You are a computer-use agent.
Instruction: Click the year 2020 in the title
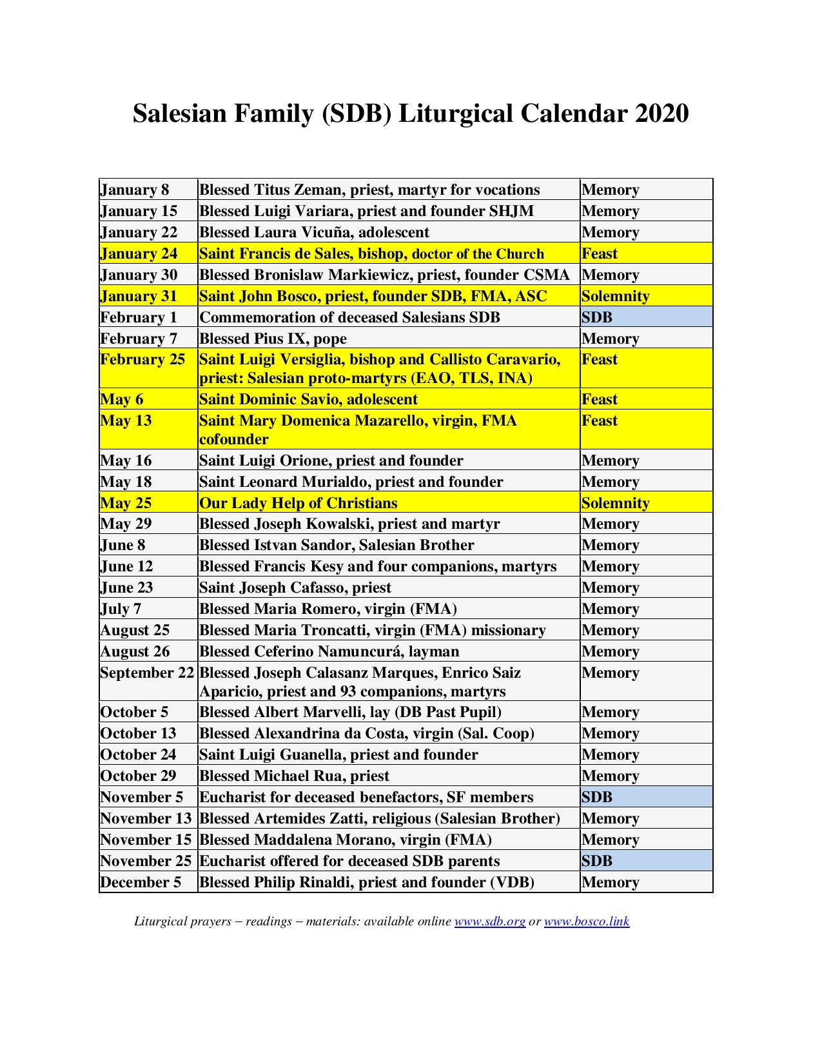pos(661,113)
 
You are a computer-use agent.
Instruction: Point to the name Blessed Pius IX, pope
pos(273,339)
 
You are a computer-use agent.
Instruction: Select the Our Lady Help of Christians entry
pos(298,503)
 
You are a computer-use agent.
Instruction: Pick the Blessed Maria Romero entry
pos(328,609)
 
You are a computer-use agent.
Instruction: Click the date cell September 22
pos(147,673)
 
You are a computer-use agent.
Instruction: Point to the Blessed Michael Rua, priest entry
pos(294,776)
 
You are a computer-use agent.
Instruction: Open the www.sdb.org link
pos(490,921)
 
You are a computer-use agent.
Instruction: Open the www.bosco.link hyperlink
pos(587,921)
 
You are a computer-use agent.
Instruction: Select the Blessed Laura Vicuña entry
pos(314,232)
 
